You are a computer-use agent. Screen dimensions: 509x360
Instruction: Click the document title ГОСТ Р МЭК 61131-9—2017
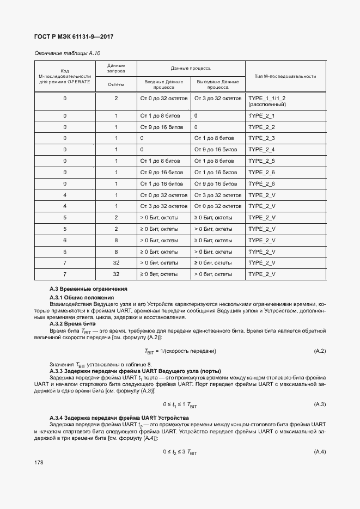point(74,37)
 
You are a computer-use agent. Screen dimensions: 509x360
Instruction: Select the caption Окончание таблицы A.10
point(68,53)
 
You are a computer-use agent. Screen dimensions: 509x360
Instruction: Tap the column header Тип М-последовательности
point(285,76)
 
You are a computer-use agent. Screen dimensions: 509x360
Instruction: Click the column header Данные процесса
point(191,69)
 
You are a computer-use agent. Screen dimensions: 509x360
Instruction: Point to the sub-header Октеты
point(116,84)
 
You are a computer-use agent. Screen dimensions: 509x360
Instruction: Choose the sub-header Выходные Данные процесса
point(218,84)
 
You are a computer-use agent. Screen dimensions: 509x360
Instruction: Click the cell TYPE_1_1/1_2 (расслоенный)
point(267,101)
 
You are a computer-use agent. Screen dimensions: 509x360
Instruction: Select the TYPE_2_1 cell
point(261,116)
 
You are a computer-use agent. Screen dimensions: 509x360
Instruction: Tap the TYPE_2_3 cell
point(261,138)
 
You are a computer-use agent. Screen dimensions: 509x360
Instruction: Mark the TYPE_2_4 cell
point(261,150)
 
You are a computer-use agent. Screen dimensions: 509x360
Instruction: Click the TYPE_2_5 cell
point(261,161)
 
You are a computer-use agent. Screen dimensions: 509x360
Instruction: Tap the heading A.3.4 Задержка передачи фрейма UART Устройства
point(119,418)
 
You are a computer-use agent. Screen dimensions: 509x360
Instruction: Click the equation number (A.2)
point(320,351)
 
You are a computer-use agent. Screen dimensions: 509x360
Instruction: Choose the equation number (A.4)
point(320,452)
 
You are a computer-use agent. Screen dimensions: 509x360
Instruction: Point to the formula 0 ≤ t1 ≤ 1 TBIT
point(180,404)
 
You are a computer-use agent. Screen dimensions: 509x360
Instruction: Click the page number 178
point(39,462)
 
